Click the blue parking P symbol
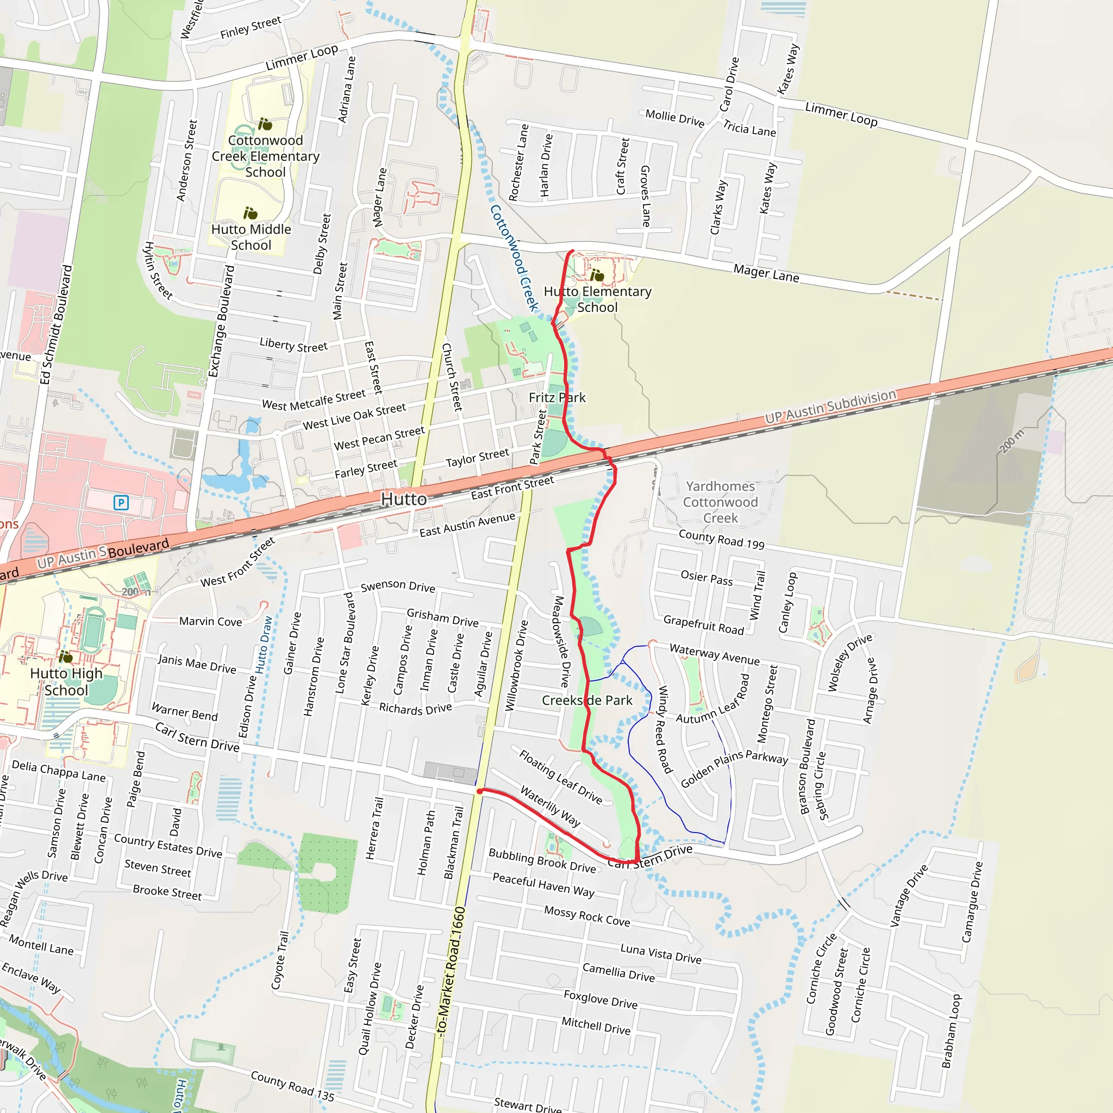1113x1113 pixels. pyautogui.click(x=121, y=503)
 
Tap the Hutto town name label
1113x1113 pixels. pyautogui.click(x=404, y=499)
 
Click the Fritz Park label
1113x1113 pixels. pyautogui.click(x=557, y=397)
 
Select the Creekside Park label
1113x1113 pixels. pyautogui.click(x=587, y=701)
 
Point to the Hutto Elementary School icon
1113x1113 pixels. pyautogui.click(x=597, y=276)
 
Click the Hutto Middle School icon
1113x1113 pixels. pyautogui.click(x=250, y=214)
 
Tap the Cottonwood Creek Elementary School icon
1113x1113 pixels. pyautogui.click(x=265, y=124)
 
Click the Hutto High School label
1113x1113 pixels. pyautogui.click(x=66, y=681)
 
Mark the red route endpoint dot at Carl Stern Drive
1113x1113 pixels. pyautogui.click(x=479, y=791)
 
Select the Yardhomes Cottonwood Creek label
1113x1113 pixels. pyautogui.click(x=720, y=502)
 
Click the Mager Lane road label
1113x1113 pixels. pyautogui.click(x=766, y=273)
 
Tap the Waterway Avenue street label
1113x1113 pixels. pyautogui.click(x=714, y=654)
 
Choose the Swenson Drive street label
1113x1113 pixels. pyautogui.click(x=397, y=586)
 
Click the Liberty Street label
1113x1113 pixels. pyautogui.click(x=293, y=345)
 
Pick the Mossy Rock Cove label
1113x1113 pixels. pyautogui.click(x=586, y=916)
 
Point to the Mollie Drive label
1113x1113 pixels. pyautogui.click(x=674, y=118)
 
